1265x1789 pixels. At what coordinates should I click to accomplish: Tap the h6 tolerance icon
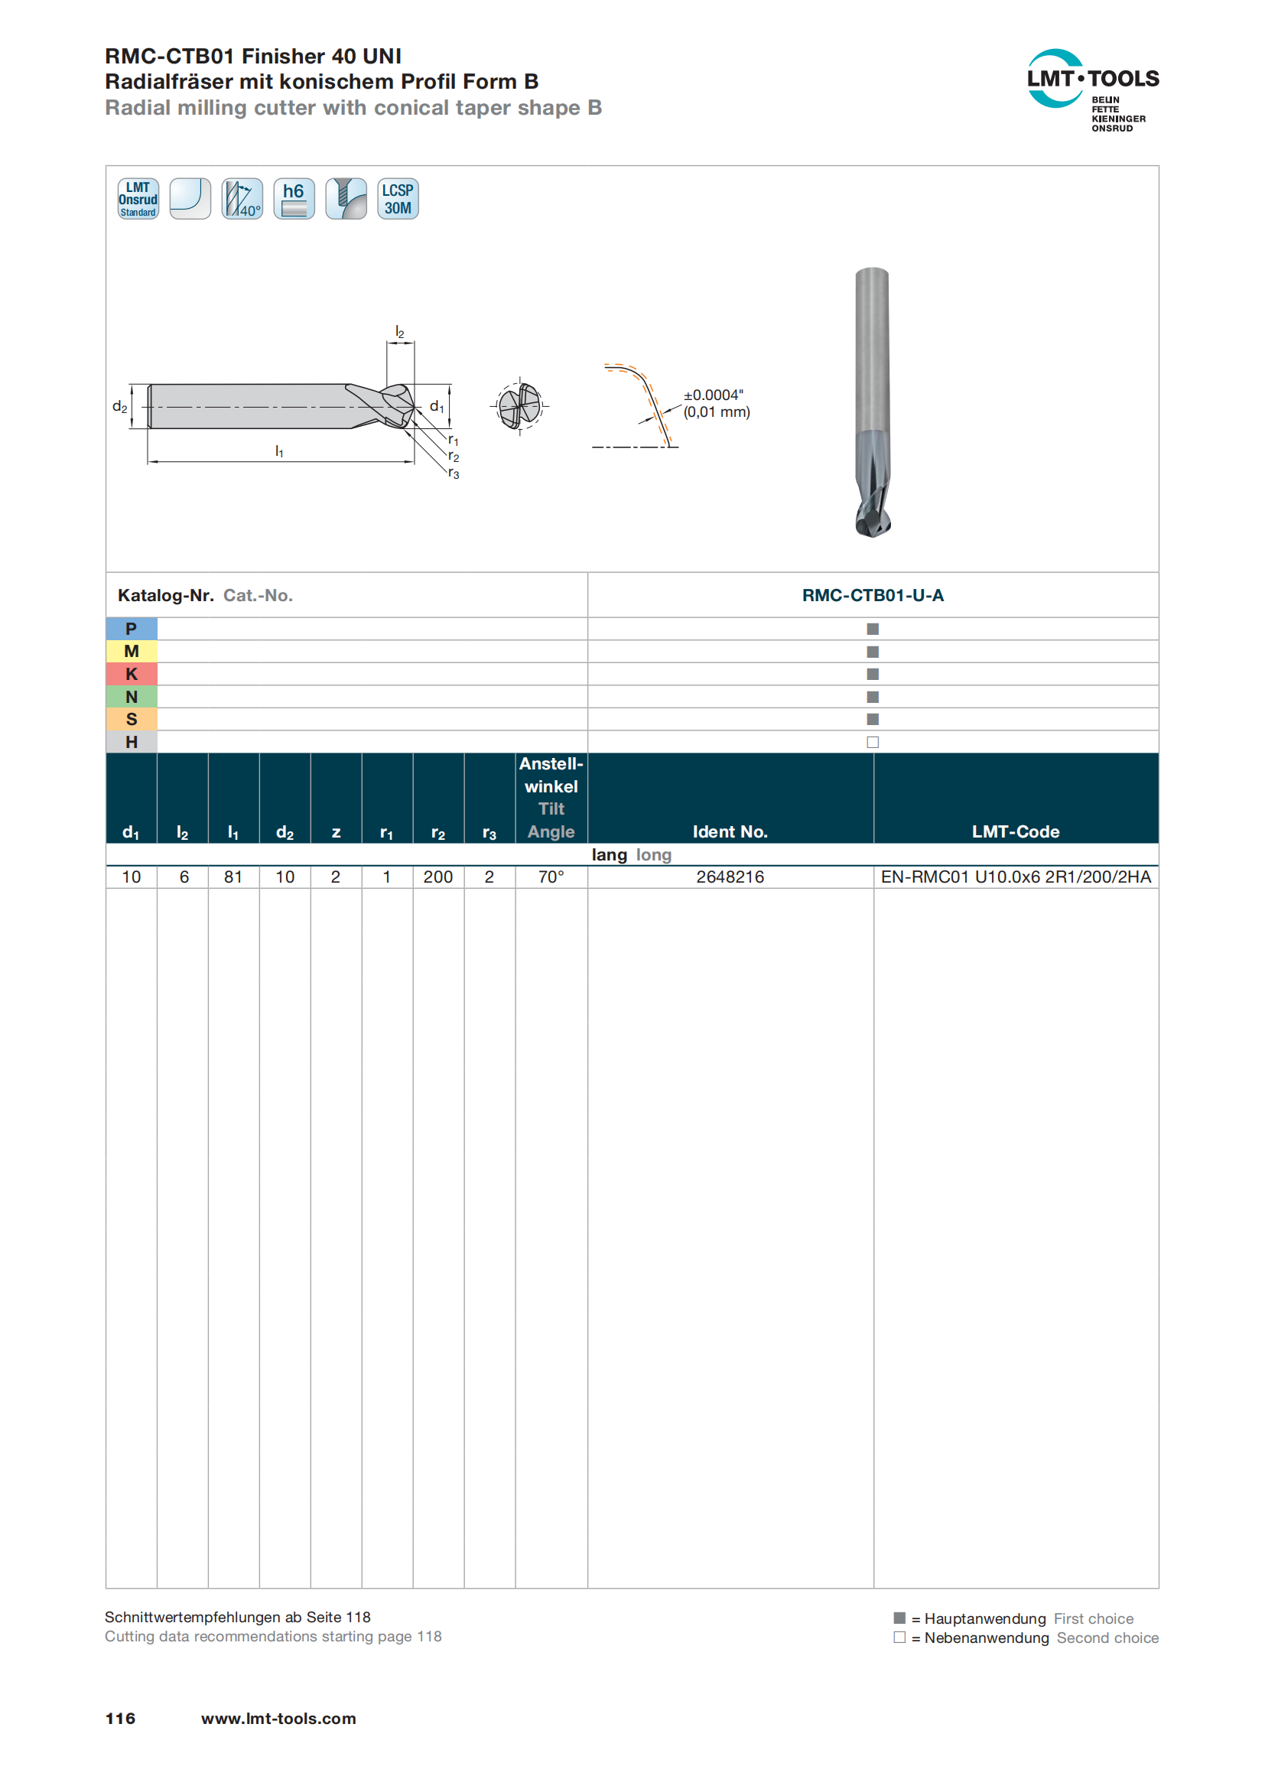pyautogui.click(x=294, y=199)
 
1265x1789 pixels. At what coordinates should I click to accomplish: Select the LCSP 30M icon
pyautogui.click(x=397, y=199)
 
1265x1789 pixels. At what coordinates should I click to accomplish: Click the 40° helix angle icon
pyautogui.click(x=242, y=199)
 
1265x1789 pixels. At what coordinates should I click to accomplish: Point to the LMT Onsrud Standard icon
pyautogui.click(x=138, y=199)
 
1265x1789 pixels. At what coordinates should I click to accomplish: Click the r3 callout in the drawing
pyautogui.click(x=454, y=473)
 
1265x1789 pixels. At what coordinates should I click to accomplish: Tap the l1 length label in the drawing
pyautogui.click(x=279, y=451)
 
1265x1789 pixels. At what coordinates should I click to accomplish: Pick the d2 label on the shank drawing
pyautogui.click(x=120, y=406)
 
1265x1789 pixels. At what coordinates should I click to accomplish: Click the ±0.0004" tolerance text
pyautogui.click(x=713, y=395)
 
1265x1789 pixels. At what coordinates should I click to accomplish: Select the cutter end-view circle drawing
pyautogui.click(x=519, y=405)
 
